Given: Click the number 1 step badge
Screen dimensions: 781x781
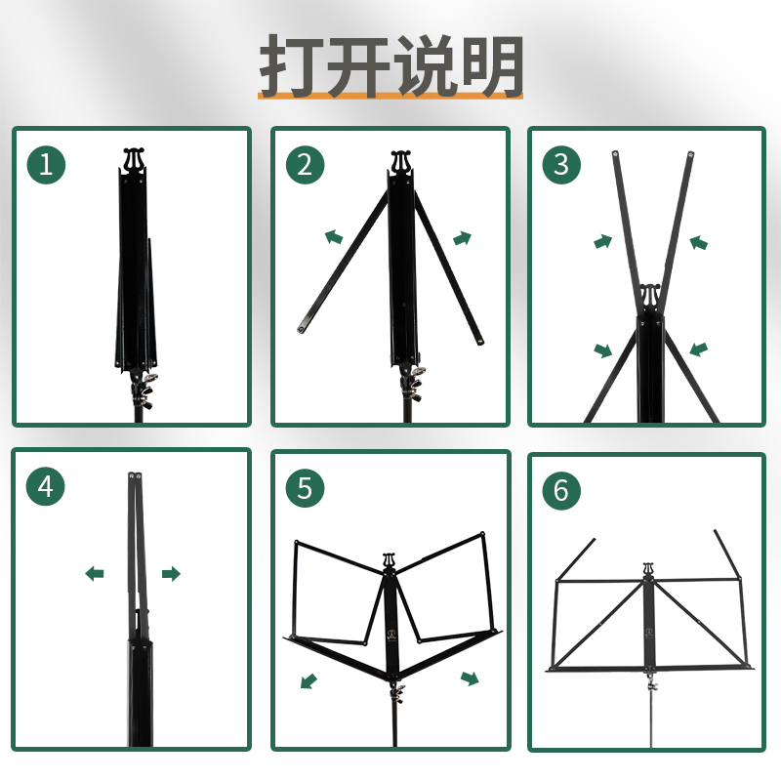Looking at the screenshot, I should tap(46, 165).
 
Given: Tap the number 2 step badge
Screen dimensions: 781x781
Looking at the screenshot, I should tap(305, 165).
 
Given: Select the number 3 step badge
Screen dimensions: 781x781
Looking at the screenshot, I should tap(560, 165).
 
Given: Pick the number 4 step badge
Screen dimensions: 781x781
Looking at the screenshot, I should tap(46, 486).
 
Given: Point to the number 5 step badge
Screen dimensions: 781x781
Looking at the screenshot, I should tap(305, 487).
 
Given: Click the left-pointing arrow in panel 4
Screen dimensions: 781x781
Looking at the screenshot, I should tap(95, 574).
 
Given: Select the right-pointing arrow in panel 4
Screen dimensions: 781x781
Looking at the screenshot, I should tap(171, 574).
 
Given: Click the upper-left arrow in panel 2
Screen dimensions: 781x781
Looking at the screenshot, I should tap(334, 236).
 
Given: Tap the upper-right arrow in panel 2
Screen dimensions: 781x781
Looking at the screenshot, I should tap(463, 237).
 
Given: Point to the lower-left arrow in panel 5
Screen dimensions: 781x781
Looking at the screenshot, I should tap(308, 679).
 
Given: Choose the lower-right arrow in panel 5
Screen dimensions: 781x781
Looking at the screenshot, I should tap(470, 678).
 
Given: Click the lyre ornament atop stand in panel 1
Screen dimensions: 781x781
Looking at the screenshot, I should tap(135, 158).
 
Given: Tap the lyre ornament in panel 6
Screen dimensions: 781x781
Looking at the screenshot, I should tap(647, 568).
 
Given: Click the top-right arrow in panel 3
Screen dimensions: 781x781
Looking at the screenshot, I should tap(698, 242).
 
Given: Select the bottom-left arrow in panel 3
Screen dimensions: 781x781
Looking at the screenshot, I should tap(603, 349).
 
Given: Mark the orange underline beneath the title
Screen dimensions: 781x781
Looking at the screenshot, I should tap(390, 97).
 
